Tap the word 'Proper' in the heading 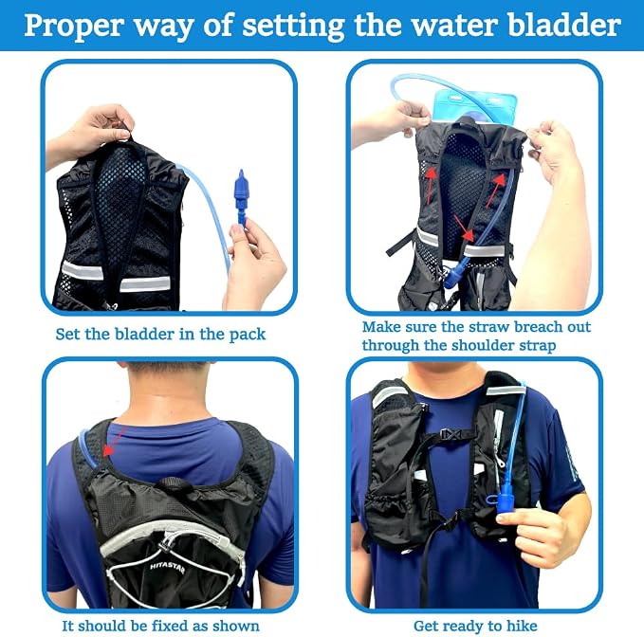[x=74, y=27]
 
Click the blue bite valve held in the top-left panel [x=241, y=196]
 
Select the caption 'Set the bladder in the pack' [x=160, y=334]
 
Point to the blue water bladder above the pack [x=474, y=106]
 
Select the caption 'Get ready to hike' [x=475, y=626]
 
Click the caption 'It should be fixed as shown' [x=160, y=626]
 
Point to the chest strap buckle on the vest [x=451, y=433]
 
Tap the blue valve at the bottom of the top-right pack [x=453, y=274]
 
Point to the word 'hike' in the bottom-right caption [x=522, y=626]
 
